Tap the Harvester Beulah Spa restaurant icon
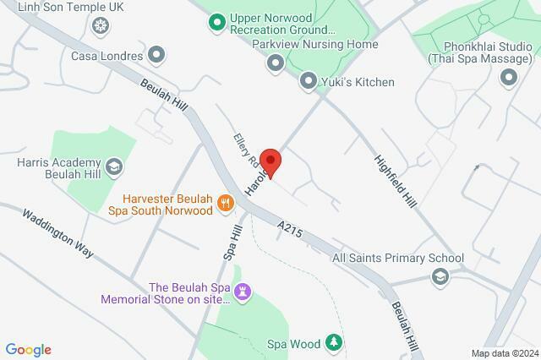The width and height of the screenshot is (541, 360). (x=225, y=201)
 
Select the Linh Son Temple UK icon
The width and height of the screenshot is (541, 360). (x=101, y=26)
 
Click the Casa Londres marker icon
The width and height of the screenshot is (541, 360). (x=156, y=56)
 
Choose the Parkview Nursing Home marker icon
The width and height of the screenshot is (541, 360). (x=276, y=63)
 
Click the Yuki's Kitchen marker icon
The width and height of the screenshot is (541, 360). (x=308, y=81)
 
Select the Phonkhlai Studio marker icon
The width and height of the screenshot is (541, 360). (x=509, y=79)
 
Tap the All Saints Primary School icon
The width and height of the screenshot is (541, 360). (x=440, y=276)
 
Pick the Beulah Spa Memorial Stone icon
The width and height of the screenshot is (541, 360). (x=243, y=292)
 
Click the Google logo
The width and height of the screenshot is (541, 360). (x=28, y=350)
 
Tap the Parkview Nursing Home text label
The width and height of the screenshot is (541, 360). (x=314, y=44)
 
